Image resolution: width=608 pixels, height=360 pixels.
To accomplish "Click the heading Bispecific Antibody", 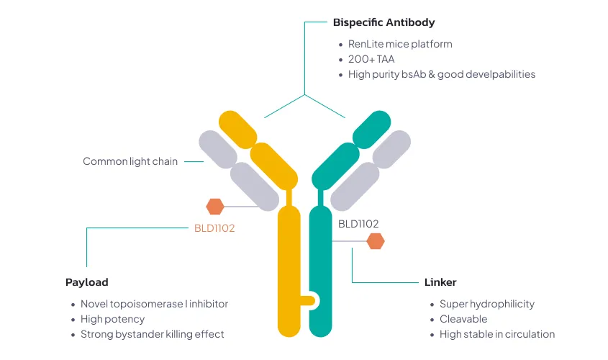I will click(384, 23).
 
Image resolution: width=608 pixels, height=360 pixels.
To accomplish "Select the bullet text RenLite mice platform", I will click(400, 44).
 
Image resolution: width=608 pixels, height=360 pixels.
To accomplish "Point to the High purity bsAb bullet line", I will click(442, 74).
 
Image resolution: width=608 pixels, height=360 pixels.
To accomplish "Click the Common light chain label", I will click(130, 161).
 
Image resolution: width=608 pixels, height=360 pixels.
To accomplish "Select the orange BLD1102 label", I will click(214, 228).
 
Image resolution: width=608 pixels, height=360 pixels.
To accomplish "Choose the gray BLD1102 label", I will click(358, 224).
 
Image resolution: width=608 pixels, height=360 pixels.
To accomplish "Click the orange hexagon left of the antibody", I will click(215, 207).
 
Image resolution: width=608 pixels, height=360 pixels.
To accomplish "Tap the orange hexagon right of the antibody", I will click(376, 241).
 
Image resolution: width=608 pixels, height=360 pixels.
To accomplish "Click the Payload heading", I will click(86, 282).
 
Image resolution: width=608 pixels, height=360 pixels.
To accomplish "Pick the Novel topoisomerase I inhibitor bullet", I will click(154, 304).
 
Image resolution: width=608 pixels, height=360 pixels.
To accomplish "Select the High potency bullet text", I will click(112, 319).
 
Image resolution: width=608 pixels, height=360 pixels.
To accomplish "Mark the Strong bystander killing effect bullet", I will click(153, 334).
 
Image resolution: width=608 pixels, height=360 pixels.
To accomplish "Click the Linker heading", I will click(440, 282).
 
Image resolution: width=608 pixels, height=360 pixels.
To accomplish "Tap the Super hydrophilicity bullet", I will click(487, 304).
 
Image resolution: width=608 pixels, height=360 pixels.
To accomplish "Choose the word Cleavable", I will click(463, 319).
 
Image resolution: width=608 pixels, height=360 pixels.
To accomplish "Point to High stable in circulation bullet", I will click(497, 334).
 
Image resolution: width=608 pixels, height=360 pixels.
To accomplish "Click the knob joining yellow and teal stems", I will click(310, 300).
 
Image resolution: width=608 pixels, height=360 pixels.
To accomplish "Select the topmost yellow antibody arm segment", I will click(238, 129).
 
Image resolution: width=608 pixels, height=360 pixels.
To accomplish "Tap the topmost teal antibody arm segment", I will click(371, 129).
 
